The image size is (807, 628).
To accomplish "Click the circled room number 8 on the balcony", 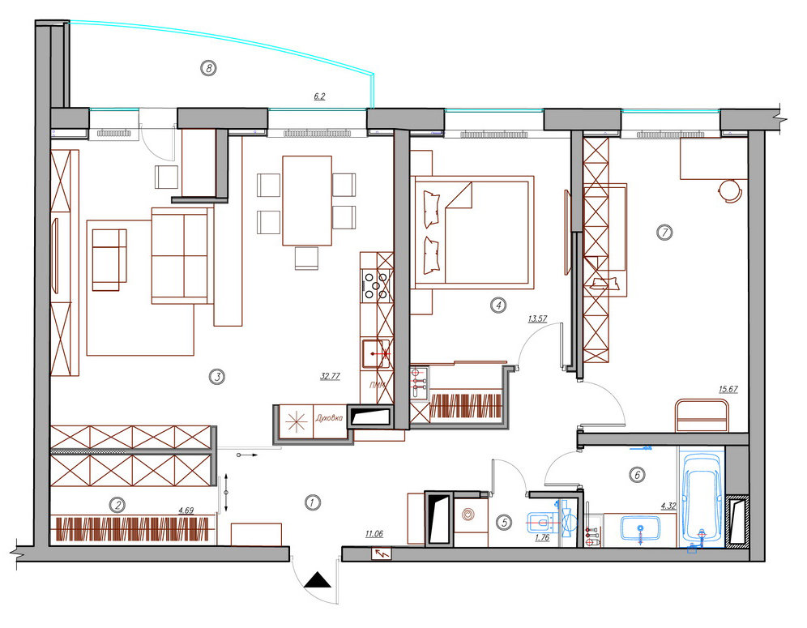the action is [x=208, y=67].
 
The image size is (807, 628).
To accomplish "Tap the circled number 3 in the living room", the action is [x=217, y=377].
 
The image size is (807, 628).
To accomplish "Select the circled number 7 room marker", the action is [x=664, y=232].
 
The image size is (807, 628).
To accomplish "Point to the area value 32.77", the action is [x=330, y=376].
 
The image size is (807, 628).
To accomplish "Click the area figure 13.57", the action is [x=537, y=318].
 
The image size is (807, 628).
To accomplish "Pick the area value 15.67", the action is [x=728, y=389].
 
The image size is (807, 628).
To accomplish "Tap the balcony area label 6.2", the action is [x=319, y=96].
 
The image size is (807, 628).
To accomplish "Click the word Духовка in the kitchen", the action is [x=329, y=418].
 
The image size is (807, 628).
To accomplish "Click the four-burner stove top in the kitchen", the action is [x=377, y=285].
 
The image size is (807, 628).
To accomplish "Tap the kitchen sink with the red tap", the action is [x=377, y=353].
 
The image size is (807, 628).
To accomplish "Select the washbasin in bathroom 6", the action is [x=640, y=528].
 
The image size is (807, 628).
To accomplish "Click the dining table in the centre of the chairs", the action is [x=307, y=201].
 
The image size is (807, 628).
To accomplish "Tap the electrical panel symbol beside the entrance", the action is [x=382, y=554].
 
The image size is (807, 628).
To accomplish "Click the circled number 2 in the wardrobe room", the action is [x=117, y=505].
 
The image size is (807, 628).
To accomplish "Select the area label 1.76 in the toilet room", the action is [x=543, y=538].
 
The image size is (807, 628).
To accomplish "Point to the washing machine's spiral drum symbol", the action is [x=468, y=515].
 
